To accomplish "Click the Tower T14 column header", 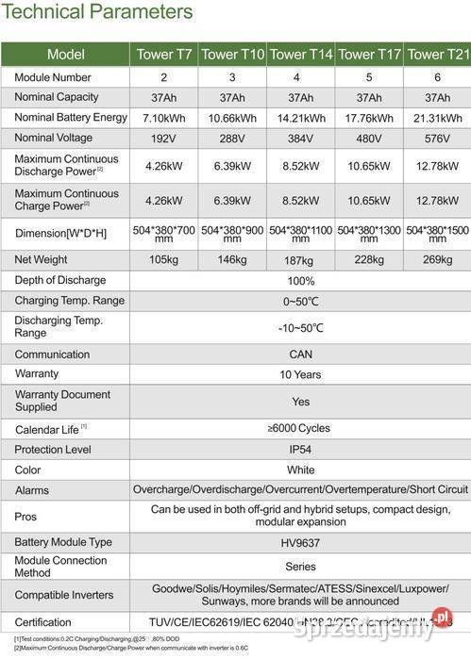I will pos(301,55).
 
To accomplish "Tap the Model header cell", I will pos(65,55).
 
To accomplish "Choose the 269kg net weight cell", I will pos(437,259).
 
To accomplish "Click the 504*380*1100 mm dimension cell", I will pos(301,232).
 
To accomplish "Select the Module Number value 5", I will pos(369,77).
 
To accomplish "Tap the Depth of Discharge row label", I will pos(60,280).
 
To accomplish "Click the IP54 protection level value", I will pos(301,449).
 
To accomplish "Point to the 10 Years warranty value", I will pos(301,374).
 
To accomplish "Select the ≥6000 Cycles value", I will pos(301,428).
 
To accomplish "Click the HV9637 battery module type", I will pos(301,542).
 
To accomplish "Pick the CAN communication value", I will pos(301,354).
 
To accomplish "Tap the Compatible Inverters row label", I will pos(64,595).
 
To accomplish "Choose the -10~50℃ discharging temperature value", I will pos(301,327).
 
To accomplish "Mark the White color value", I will pos(301,470).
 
